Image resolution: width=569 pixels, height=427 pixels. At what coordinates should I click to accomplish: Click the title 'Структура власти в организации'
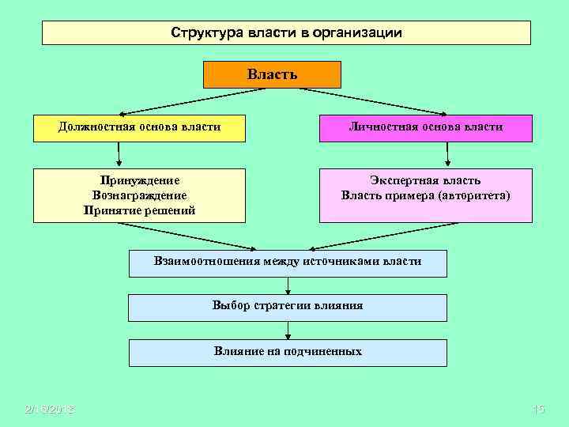(x=286, y=33)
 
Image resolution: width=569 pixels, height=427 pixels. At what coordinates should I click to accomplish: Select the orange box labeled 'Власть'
(x=273, y=74)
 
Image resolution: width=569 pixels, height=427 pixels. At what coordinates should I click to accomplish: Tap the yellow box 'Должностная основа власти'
(x=139, y=127)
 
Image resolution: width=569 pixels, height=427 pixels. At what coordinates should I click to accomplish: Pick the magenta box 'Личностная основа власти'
(x=426, y=127)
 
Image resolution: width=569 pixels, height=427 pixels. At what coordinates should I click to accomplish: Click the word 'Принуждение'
(x=139, y=180)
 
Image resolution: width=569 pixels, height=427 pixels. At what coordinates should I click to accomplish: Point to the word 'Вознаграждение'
(x=139, y=195)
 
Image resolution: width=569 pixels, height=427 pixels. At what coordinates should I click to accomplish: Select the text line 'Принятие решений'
(x=139, y=210)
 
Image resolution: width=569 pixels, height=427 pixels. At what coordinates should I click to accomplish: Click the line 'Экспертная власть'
(x=426, y=180)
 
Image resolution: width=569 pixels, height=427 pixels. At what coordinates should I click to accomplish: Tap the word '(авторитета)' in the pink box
(x=473, y=195)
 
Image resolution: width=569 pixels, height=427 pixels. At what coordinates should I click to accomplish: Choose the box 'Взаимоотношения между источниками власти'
(x=288, y=262)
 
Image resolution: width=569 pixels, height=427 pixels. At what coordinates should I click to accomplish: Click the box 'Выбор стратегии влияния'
(x=288, y=306)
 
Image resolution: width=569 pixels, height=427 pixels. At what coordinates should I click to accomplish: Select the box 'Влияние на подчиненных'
(x=288, y=352)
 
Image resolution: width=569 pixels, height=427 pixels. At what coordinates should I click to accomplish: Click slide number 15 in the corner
(x=540, y=409)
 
